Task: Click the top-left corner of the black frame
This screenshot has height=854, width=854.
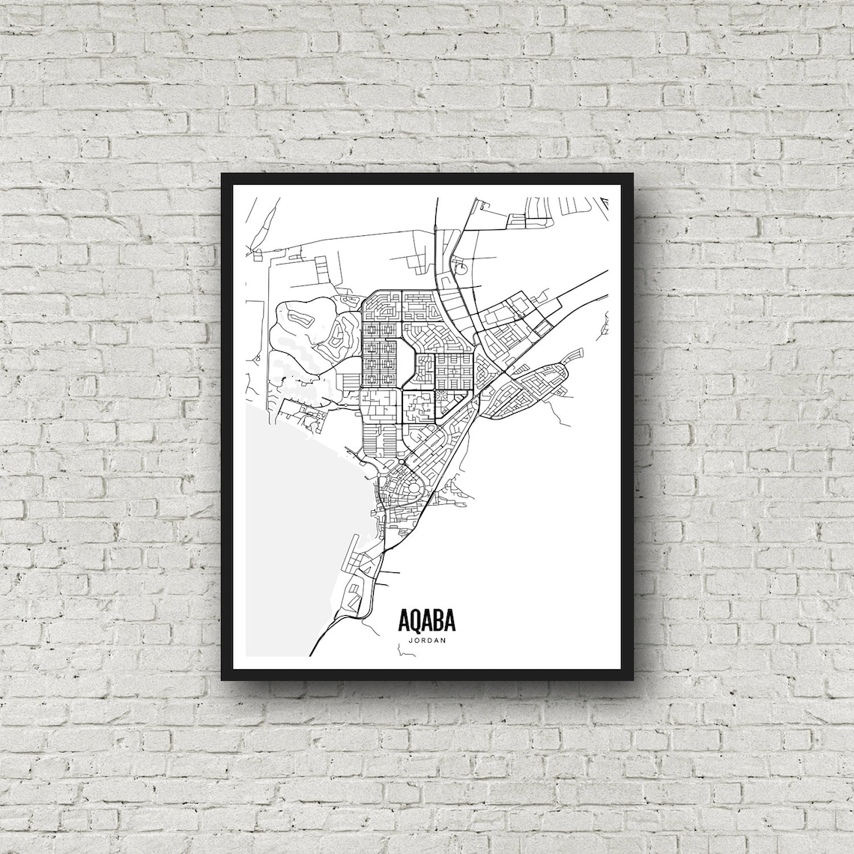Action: click(222, 174)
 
